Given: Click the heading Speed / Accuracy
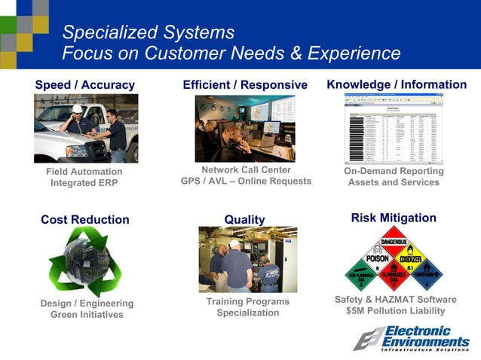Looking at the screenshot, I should point(84,85).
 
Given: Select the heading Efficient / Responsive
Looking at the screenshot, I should point(245,85).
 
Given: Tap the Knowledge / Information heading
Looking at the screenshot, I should point(397,84).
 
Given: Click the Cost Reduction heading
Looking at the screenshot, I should point(84,220).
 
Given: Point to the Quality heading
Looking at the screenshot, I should point(244,220).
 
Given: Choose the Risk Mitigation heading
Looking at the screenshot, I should point(394,218).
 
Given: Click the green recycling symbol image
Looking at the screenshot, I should point(84,261).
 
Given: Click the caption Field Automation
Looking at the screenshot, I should point(84,172).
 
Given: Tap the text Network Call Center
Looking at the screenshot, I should point(246,169).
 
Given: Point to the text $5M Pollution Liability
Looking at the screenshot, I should point(395,310).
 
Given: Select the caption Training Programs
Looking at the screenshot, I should point(247,301).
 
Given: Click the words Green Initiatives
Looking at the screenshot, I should point(87,315).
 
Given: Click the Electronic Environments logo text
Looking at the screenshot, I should point(417,335).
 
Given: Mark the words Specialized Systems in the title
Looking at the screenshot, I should point(148,32).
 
